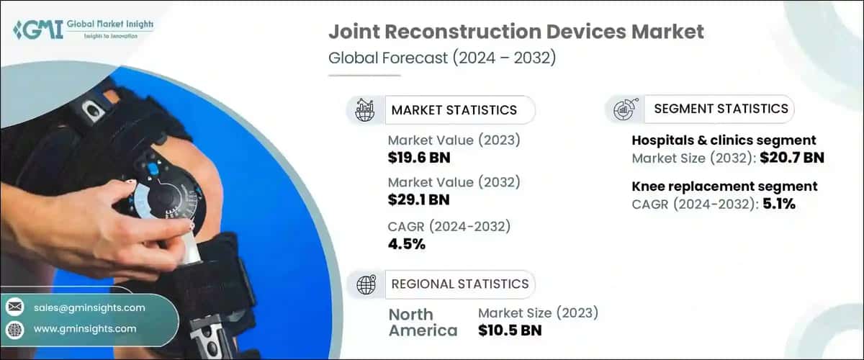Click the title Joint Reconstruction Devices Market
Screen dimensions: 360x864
coord(516,32)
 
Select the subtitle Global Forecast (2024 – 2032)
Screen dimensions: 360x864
coord(441,58)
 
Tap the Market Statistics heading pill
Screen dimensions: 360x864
coord(454,110)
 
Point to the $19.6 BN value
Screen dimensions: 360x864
coord(419,157)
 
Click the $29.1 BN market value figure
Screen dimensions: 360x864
coord(419,199)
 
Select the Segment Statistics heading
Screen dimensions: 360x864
coord(721,109)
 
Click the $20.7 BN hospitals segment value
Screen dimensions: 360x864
coord(791,158)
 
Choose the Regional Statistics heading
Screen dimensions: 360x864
coord(459,284)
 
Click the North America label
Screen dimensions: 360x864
coord(423,322)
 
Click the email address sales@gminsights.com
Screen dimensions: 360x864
coord(89,307)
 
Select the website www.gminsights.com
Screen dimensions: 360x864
coord(85,329)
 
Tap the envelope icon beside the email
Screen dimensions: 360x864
coord(14,307)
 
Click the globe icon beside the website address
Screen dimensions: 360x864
coord(14,329)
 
